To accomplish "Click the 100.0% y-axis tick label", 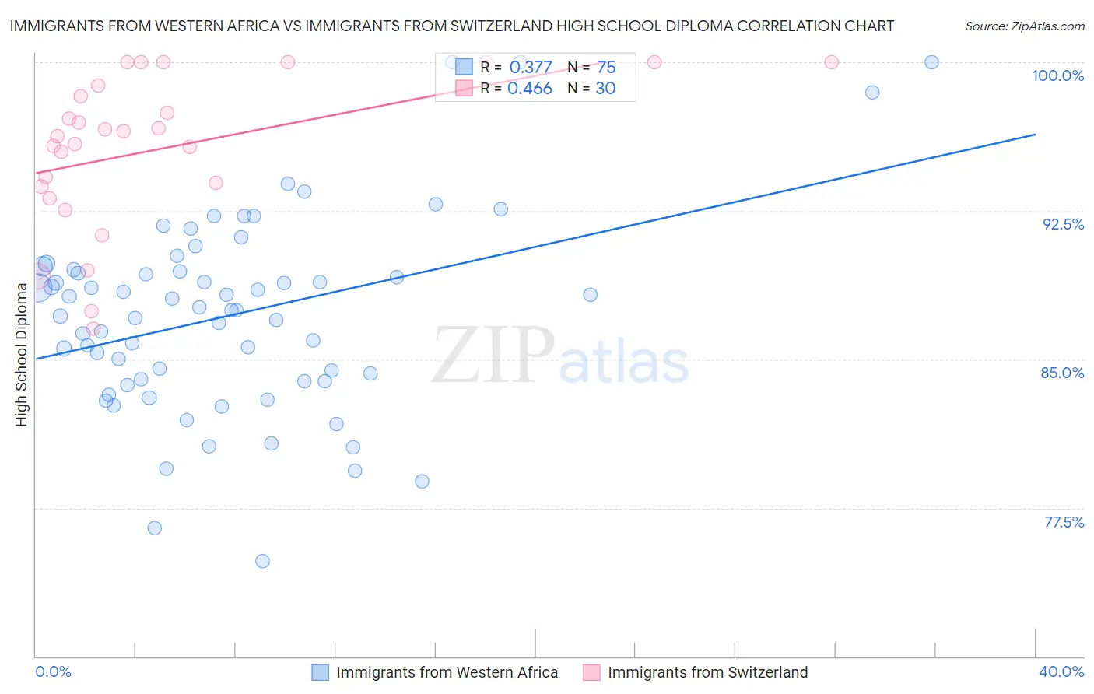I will pos(1057,75).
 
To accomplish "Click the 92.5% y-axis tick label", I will pos(1063,224).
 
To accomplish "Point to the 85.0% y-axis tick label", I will pos(1062,373).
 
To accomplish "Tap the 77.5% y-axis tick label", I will pos(1064,522).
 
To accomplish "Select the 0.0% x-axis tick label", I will pos(53,671).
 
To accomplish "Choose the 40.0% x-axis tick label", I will pos(1061,671).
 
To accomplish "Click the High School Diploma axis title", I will pos(21,355).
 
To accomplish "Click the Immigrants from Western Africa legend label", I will pos(447,672).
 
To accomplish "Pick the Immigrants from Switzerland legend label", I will pos(707,672).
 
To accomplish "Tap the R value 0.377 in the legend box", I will pos(531,68).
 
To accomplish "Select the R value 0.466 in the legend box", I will pos(529,89).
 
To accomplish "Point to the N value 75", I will pos(606,68).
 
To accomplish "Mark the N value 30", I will pos(605,89).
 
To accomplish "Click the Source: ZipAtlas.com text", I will pos(1024,26).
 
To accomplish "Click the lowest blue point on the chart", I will pos(262,561).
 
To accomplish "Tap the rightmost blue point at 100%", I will pos(931,62).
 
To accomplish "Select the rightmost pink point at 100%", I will pos(831,62).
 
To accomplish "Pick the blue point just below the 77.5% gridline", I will pos(155,528).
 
